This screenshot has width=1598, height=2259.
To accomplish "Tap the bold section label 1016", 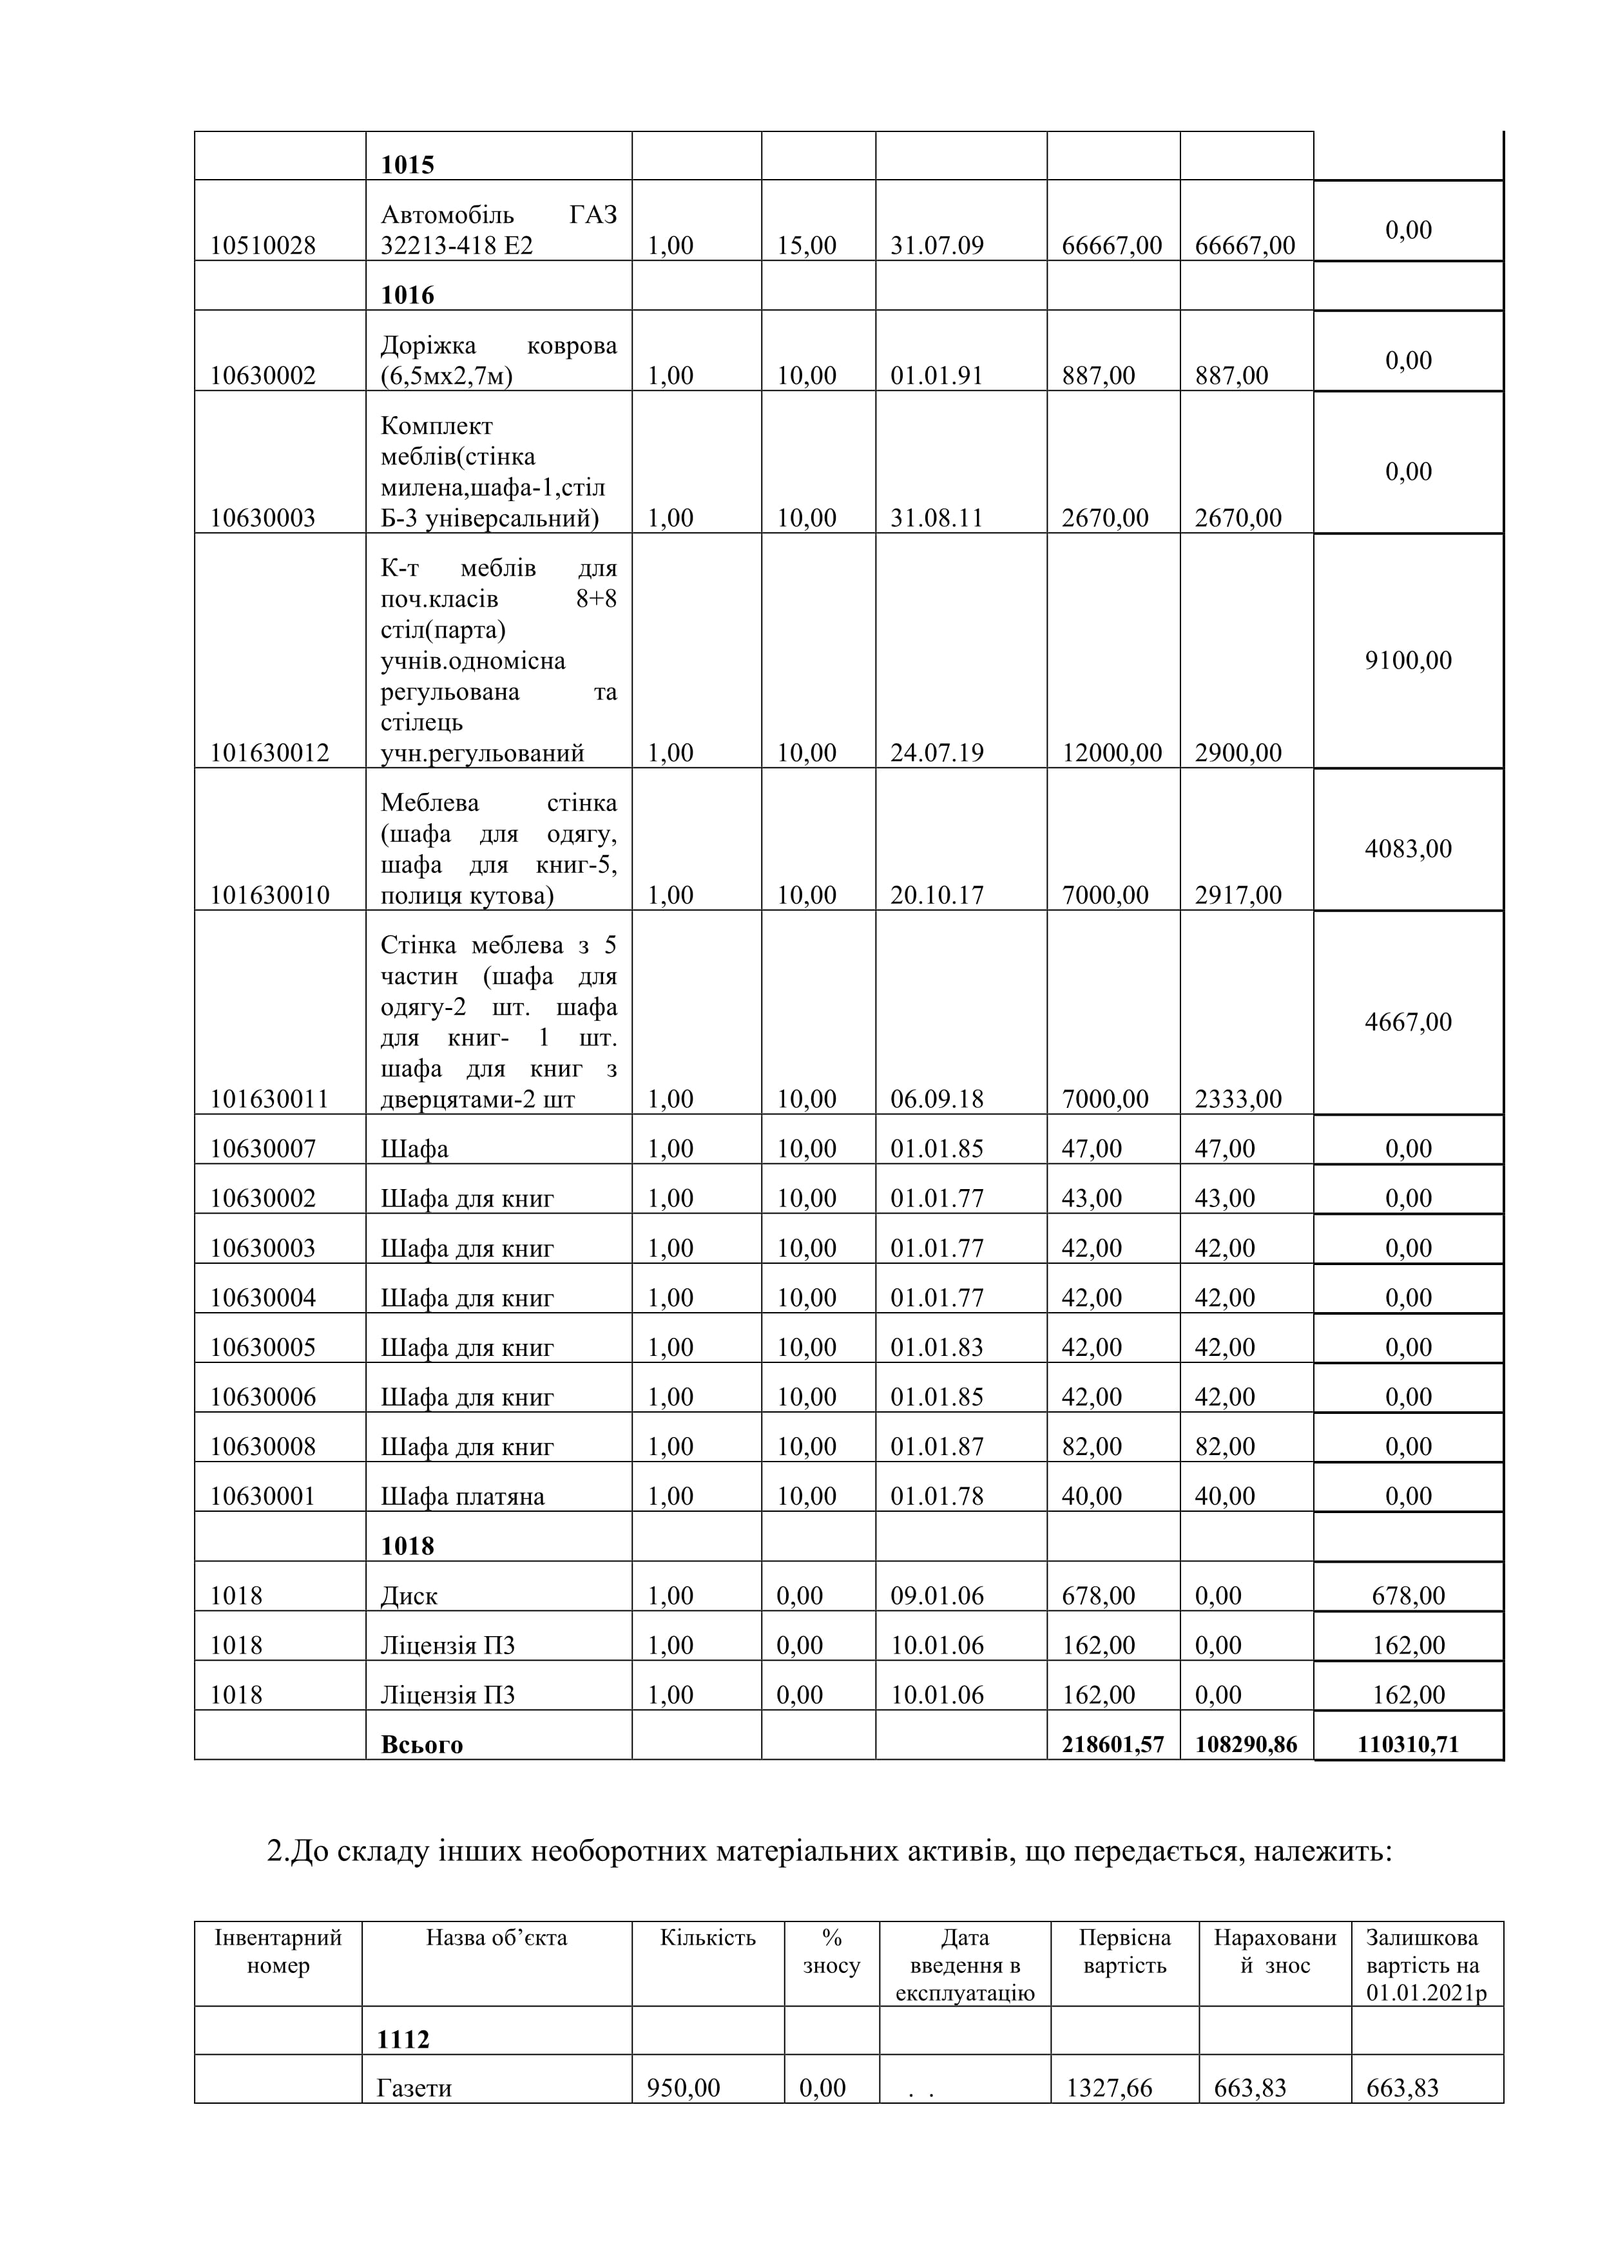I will coord(407,295).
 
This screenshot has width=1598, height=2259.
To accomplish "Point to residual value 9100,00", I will coord(1408,660).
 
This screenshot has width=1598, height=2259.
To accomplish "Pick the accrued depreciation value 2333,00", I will coord(1238,1099).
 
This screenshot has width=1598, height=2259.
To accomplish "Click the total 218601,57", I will coord(1113,1744).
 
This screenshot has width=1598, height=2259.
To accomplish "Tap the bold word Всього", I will coord(421,1744).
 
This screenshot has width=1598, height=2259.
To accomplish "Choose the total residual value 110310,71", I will coord(1408,1744).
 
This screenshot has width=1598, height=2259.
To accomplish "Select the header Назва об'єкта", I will coord(496,1938).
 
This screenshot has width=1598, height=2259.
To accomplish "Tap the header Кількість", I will coord(708,1938).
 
